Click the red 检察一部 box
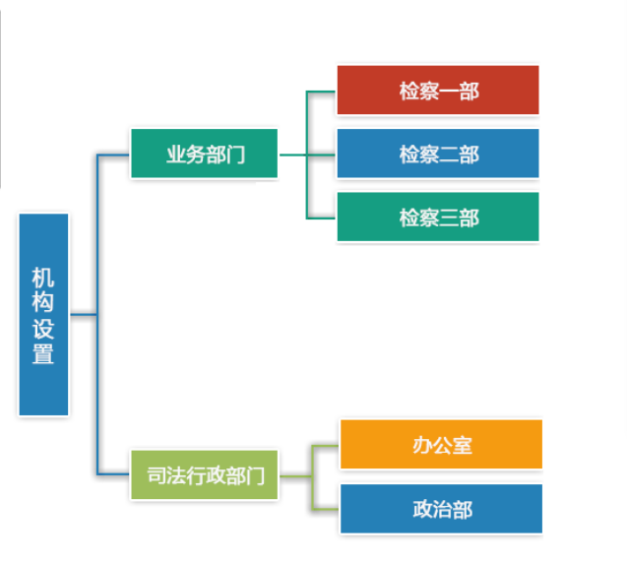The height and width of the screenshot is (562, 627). (x=438, y=91)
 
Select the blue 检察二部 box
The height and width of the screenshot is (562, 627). (x=438, y=155)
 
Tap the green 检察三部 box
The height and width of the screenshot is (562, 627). (x=438, y=218)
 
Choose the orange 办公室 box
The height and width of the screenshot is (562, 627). (x=441, y=445)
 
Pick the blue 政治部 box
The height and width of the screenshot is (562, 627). (x=441, y=509)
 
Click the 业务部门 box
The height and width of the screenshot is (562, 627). (x=204, y=155)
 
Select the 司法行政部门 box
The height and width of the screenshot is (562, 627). (x=204, y=476)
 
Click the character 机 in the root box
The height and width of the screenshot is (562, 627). (x=43, y=279)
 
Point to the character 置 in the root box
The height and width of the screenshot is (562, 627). (x=43, y=353)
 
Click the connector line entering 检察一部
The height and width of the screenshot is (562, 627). (x=322, y=92)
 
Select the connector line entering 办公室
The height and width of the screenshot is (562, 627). (x=326, y=446)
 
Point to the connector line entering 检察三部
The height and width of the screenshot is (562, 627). (x=322, y=217)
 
